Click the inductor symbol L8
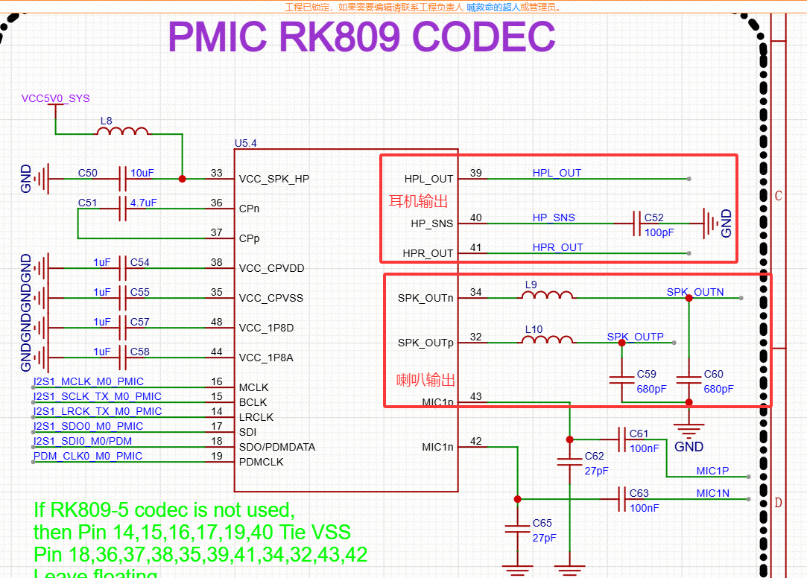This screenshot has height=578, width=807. click(x=122, y=132)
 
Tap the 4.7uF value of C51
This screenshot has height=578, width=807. click(x=142, y=203)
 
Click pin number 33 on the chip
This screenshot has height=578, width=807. click(x=216, y=173)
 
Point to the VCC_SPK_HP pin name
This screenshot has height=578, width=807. click(x=274, y=179)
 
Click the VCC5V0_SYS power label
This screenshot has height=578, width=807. click(x=55, y=98)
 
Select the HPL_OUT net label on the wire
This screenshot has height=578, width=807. click(x=557, y=173)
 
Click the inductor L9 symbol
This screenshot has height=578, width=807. click(x=547, y=296)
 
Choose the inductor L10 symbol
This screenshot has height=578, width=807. click(x=547, y=340)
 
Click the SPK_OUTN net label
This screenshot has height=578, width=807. click(x=695, y=292)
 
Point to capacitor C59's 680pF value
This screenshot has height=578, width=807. click(x=652, y=389)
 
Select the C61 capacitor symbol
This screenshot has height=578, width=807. click(x=621, y=438)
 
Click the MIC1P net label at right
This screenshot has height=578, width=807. click(x=712, y=471)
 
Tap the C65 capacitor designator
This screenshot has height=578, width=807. click(x=542, y=523)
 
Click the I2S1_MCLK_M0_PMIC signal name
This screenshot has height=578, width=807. click(x=89, y=381)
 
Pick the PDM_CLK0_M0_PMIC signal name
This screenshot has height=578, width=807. click(x=88, y=456)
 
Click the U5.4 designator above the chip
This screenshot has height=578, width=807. click(x=247, y=143)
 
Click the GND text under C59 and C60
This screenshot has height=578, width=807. click(x=689, y=447)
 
